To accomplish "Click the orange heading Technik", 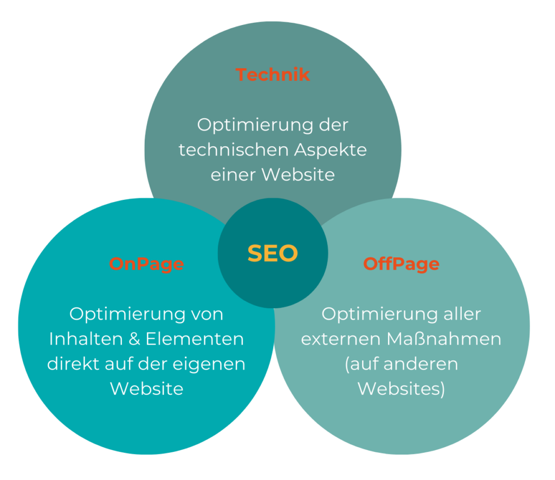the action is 273,75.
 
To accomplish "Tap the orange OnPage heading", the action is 146,264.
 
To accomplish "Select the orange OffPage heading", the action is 402,264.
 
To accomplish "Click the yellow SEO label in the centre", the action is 273,253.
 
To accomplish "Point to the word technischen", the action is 234,150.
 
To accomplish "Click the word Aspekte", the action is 331,150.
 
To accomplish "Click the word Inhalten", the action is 86,339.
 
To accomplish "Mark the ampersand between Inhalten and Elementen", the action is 134,339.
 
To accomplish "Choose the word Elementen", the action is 195,339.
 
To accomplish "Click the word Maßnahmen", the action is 444,339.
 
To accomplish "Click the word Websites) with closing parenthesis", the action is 402,389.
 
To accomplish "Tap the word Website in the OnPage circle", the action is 146,389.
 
